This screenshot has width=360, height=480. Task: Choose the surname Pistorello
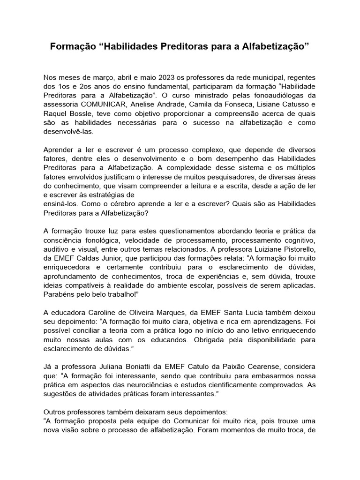[291, 248]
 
